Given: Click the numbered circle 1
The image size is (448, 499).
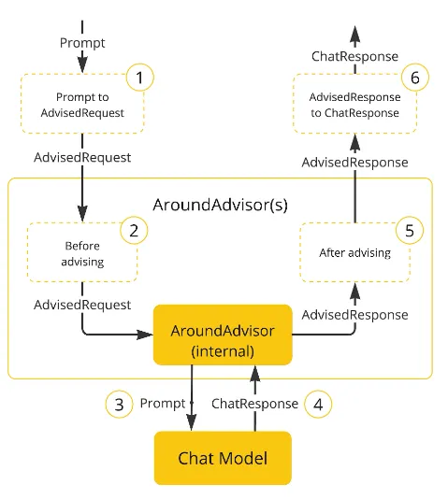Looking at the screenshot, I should pos(138,78).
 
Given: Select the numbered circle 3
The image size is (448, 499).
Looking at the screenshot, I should pos(118,404).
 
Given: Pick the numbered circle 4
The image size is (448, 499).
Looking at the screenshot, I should pos(319,404).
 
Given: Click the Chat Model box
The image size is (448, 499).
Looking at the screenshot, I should pos(223,458).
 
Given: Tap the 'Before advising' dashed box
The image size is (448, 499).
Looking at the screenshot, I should pos(82,253).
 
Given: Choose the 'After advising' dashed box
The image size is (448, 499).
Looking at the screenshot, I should pos(354,253).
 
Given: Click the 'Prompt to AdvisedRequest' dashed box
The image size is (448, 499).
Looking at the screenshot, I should pos(82,106).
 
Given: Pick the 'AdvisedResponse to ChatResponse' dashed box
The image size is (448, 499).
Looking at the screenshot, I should pos(355,105).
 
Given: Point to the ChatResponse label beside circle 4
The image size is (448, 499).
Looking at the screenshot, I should pos(254,404).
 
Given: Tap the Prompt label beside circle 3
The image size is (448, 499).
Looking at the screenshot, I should pos(163,404).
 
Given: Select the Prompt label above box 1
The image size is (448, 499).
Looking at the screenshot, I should pos(82,43).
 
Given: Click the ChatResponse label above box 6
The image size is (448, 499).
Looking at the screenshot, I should pos(354,57).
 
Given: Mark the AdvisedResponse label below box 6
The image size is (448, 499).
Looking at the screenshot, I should pos(354,162).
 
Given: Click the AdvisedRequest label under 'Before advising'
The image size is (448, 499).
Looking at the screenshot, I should pos(82,305).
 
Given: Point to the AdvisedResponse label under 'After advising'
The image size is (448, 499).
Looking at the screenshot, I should pos(354,314).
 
